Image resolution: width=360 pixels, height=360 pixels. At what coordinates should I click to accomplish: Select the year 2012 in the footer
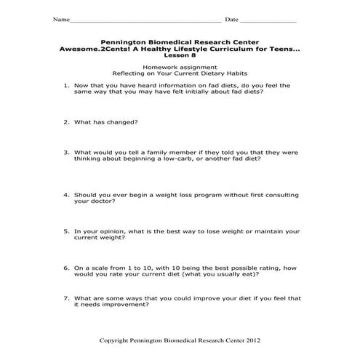249,340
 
